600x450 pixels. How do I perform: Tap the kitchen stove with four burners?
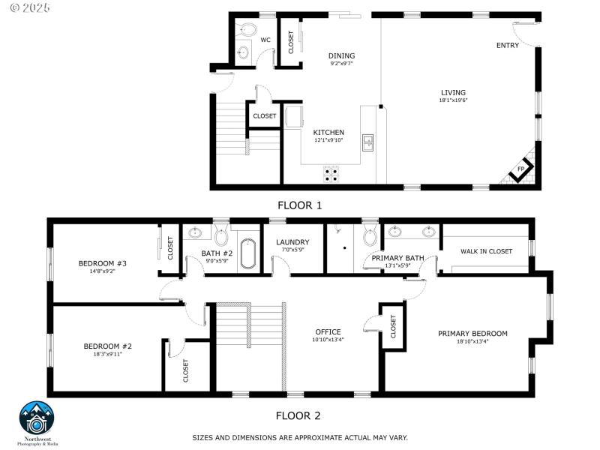click(331, 174)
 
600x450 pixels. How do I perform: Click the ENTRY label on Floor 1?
click(507, 46)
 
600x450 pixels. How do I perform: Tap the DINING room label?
click(341, 55)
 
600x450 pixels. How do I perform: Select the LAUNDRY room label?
click(292, 242)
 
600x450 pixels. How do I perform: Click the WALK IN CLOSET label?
click(486, 252)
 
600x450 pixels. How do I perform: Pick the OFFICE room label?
click(328, 331)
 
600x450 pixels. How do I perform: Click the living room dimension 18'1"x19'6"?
click(453, 100)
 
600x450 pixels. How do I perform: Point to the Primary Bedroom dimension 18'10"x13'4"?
click(472, 342)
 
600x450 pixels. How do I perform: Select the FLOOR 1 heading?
click(300, 204)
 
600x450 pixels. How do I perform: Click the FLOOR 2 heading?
click(298, 415)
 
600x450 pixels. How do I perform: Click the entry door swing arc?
click(523, 32)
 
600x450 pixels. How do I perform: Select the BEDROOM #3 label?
click(102, 263)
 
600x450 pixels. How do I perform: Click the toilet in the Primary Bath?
click(370, 236)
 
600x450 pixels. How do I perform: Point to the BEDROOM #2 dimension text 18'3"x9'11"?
click(107, 354)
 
